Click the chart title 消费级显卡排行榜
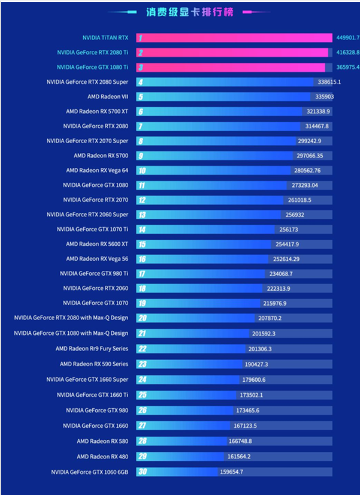pyautogui.click(x=189, y=11)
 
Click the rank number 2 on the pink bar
pyautogui.click(x=140, y=53)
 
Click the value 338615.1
pyautogui.click(x=329, y=82)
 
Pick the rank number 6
pyautogui.click(x=140, y=111)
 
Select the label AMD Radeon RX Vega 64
pyautogui.click(x=97, y=170)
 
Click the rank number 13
pyautogui.click(x=141, y=215)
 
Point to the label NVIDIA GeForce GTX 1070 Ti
pyautogui.click(x=93, y=229)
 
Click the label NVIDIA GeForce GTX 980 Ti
pyautogui.click(x=94, y=273)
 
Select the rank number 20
pyautogui.click(x=142, y=318)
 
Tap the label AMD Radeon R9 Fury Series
pyautogui.click(x=92, y=348)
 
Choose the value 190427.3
pyautogui.click(x=256, y=364)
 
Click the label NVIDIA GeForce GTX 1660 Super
pyautogui.click(x=87, y=379)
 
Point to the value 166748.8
pyautogui.click(x=240, y=441)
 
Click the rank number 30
pyautogui.click(x=142, y=472)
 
